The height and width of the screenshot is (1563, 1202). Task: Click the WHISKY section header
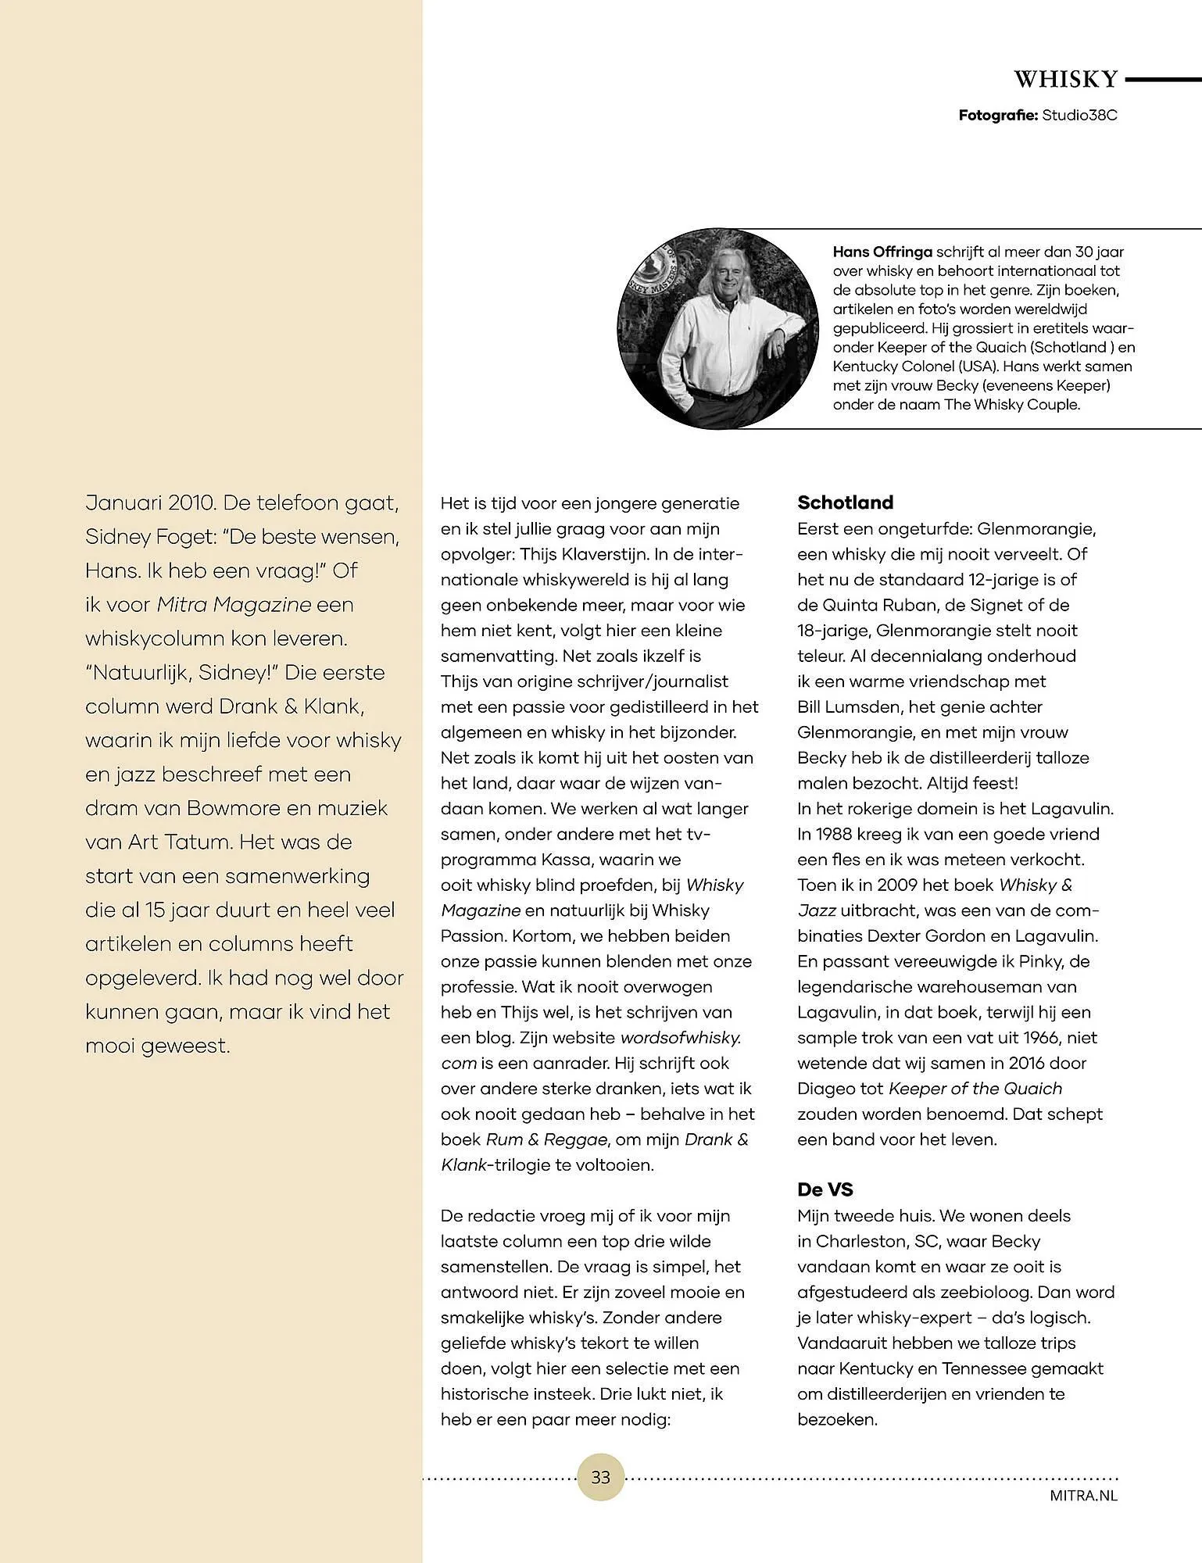1066,80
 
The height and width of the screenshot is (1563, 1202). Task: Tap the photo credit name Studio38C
1079,116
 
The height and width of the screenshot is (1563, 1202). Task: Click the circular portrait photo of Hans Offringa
717,328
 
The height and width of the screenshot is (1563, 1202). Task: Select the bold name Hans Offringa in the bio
882,252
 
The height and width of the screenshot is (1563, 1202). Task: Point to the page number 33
600,1478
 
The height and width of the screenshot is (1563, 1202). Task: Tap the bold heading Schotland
845,503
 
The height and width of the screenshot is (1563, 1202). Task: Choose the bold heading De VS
825,1190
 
